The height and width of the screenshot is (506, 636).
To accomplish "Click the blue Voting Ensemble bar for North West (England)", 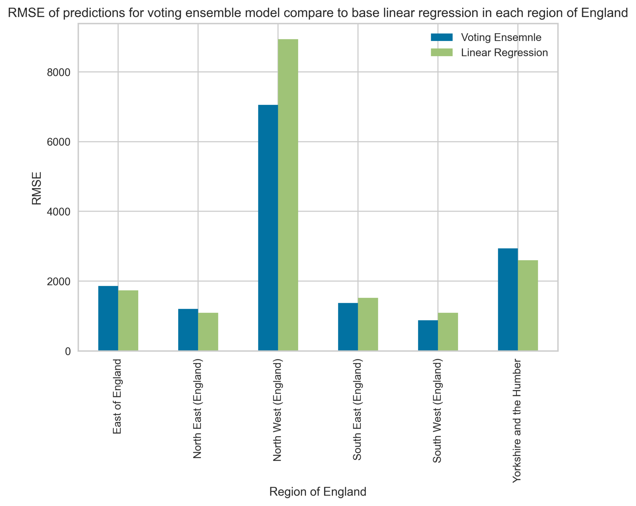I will coord(268,228).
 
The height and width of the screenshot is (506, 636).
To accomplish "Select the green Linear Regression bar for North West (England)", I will coord(288,195).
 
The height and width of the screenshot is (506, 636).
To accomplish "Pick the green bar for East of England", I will coord(128,321).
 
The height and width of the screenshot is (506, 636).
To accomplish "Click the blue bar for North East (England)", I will coord(188,330).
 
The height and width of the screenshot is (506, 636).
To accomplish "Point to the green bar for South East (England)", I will coord(368,325).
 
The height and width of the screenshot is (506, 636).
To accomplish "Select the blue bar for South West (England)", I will coord(428,336).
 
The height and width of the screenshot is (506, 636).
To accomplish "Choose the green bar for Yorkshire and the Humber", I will coord(528,306).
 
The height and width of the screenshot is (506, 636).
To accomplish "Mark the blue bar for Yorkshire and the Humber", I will coord(508,300).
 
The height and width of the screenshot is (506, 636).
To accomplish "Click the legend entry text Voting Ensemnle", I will coord(501,38).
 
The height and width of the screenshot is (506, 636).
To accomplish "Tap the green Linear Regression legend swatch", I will coord(442,52).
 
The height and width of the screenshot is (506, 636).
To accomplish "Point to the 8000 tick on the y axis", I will coord(59,72).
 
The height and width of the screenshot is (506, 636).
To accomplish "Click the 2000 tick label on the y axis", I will coord(59,281).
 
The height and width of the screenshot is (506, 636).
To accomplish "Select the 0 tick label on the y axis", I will coord(68,352).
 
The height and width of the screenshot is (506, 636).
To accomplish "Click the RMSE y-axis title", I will coord(37,188).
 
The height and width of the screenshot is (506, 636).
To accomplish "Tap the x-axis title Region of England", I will coord(318,492).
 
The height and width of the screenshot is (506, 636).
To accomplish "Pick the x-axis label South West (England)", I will coord(437,411).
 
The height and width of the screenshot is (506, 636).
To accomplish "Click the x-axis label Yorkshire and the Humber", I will coord(517,421).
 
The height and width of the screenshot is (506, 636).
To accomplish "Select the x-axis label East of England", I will coord(117,396).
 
